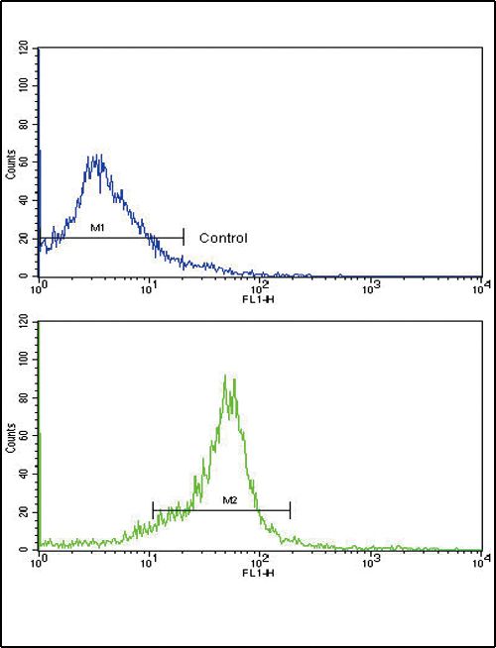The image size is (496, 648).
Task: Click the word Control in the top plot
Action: pyautogui.click(x=223, y=238)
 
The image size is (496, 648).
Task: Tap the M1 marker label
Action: pyautogui.click(x=98, y=229)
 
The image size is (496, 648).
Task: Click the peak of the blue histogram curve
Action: pyautogui.click(x=97, y=156)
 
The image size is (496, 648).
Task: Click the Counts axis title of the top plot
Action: pyautogui.click(x=11, y=162)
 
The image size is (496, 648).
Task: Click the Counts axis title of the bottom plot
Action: pyautogui.click(x=11, y=436)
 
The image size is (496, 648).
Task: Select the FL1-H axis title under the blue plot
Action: pyautogui.click(x=259, y=294)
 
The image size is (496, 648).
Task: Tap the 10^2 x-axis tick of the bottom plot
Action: pyautogui.click(x=260, y=562)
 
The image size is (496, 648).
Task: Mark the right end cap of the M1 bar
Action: pyautogui.click(x=184, y=238)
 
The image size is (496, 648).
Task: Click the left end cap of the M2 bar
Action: pyautogui.click(x=153, y=510)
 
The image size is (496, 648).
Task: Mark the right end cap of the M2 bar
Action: pyautogui.click(x=290, y=510)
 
